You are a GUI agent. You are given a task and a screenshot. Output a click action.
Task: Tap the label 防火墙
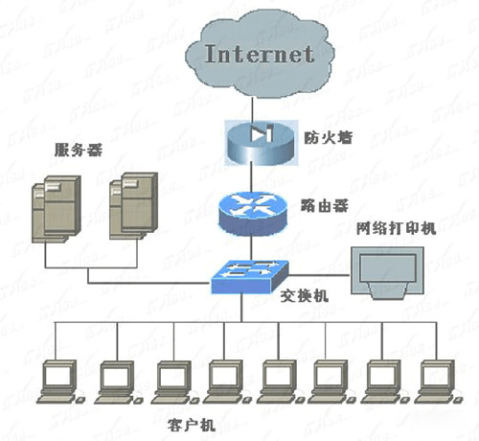tap(320, 136)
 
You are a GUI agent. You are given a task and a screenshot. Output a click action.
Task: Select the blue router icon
tap(252, 212)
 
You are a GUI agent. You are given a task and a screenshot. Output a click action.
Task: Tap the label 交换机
tap(308, 297)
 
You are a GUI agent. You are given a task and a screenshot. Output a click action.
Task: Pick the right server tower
tap(129, 206)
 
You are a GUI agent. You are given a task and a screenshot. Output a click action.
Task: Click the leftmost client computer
tap(59, 381)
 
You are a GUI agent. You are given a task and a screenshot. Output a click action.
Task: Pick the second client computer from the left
tap(114, 381)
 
